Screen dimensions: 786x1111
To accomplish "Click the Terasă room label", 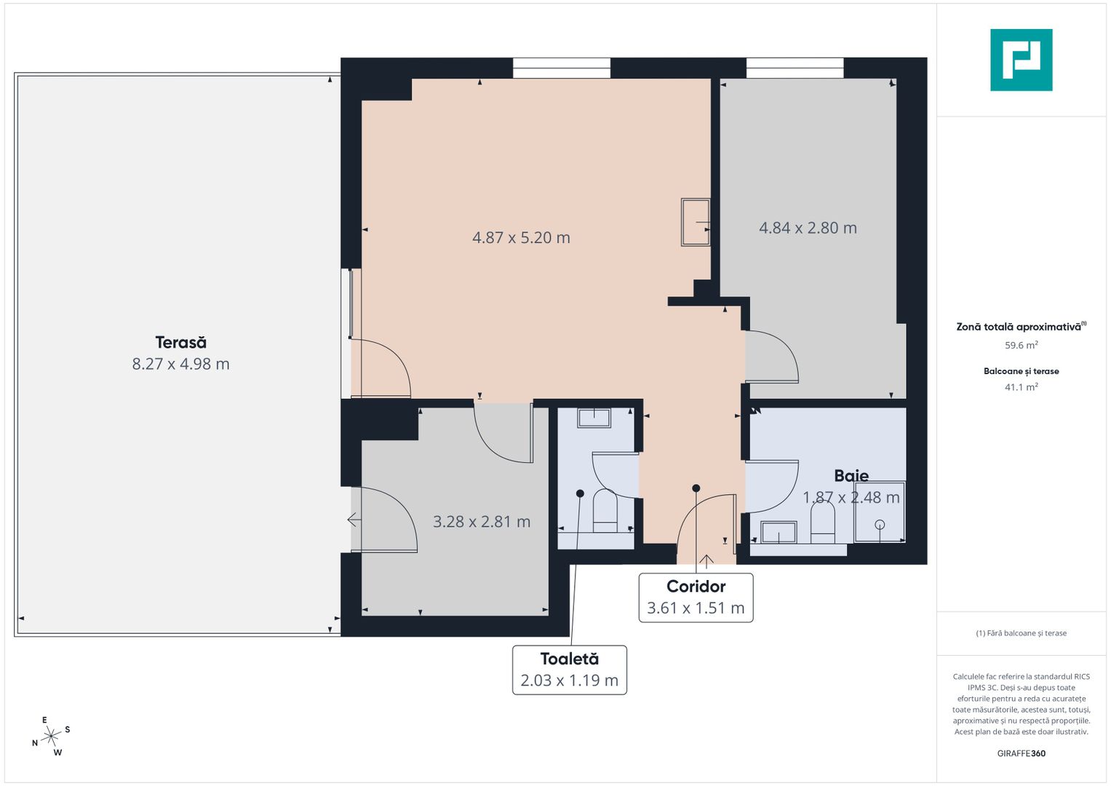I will (180, 342).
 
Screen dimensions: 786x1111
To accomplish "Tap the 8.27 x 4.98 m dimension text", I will (180, 364).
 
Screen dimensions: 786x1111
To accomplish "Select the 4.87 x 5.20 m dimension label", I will (521, 238).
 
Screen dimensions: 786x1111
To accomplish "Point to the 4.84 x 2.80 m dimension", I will (808, 228).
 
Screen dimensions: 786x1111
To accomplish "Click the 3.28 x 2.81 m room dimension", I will (482, 522).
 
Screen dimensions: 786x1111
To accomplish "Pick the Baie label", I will (851, 476).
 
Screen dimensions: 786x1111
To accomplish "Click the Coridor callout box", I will (696, 598).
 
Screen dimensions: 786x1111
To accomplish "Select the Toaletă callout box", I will (569, 670).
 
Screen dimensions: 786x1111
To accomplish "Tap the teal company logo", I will (1021, 60).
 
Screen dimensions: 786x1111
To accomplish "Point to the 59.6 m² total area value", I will (1021, 346).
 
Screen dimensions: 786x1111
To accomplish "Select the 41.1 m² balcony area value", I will (1021, 387).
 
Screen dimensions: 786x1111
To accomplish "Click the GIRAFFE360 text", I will (1021, 753).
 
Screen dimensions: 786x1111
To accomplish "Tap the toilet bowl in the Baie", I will (822, 523).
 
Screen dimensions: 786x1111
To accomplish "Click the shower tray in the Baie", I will (880, 512).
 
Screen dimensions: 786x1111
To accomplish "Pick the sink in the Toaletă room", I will (594, 418).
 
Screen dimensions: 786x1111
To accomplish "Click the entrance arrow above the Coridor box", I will (706, 560).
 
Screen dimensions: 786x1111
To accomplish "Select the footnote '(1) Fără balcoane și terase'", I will (1021, 633).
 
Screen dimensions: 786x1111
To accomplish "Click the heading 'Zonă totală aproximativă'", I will (1019, 327).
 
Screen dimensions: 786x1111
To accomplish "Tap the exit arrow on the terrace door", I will (354, 520).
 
